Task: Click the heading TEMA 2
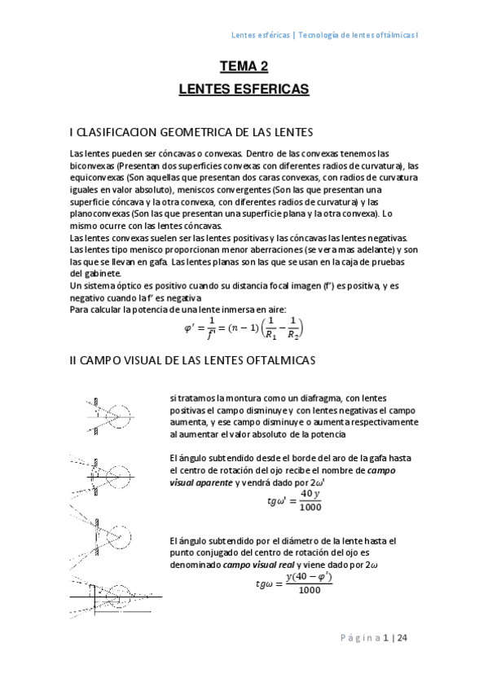point(244,67)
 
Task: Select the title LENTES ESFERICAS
point(244,88)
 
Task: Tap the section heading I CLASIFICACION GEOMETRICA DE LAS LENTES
point(192,131)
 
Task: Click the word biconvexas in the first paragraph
point(93,165)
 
